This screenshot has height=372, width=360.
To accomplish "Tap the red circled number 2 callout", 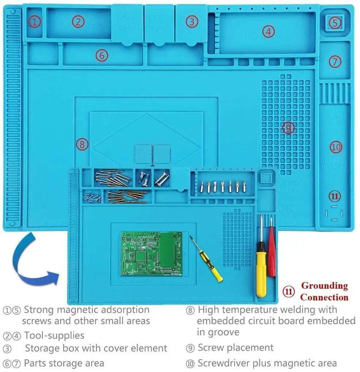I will [78, 22].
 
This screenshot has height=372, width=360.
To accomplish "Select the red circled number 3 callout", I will [192, 22].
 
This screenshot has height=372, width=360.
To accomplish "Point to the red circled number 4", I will [268, 31].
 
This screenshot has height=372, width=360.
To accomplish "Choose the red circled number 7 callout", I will [335, 61].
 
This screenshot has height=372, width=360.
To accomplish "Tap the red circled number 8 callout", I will [82, 144].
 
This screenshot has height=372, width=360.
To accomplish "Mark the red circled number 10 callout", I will [336, 147].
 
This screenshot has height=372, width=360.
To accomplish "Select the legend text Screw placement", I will [235, 348].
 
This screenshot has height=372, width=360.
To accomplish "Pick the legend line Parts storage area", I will [64, 363].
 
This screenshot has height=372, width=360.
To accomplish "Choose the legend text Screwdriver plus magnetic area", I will [267, 363].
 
